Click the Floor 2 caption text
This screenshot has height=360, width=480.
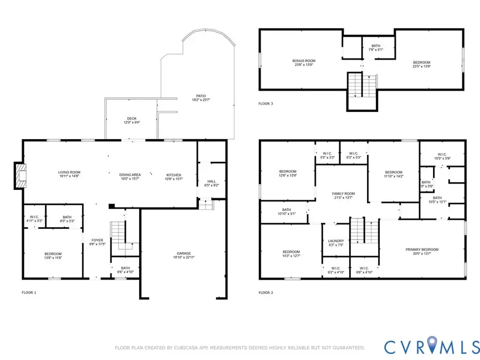(266, 293)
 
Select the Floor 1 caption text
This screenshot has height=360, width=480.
(29, 293)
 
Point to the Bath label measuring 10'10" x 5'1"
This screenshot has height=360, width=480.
(287, 212)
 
